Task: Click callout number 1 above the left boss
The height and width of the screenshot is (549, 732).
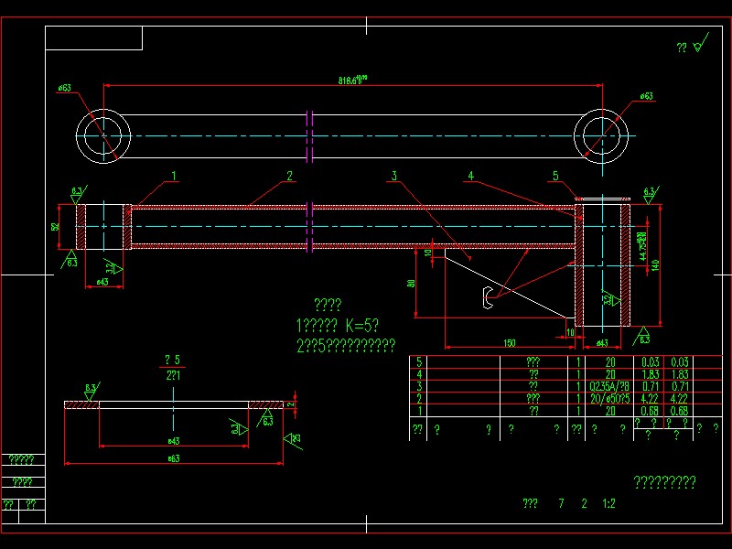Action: tap(174, 175)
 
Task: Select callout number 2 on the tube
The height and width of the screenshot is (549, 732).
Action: tap(289, 175)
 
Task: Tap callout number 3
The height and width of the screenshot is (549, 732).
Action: tap(394, 176)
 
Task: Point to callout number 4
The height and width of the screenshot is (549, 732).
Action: tap(470, 176)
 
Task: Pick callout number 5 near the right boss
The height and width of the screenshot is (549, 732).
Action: tap(554, 176)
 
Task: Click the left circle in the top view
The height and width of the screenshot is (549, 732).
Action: tap(103, 137)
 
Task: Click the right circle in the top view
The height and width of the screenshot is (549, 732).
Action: tap(603, 137)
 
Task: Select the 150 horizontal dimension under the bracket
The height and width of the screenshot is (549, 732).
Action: tap(509, 343)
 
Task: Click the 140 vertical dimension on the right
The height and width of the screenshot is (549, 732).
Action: tap(655, 264)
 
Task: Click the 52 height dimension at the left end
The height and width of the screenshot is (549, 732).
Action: tap(56, 226)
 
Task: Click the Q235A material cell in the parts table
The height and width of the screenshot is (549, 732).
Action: tap(609, 386)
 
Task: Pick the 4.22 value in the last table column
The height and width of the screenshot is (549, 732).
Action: tap(678, 398)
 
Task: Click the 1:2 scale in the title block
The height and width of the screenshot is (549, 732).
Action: tap(608, 503)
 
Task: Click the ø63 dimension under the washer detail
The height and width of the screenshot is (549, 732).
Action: tap(172, 458)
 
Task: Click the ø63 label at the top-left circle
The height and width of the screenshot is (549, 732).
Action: tap(65, 88)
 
